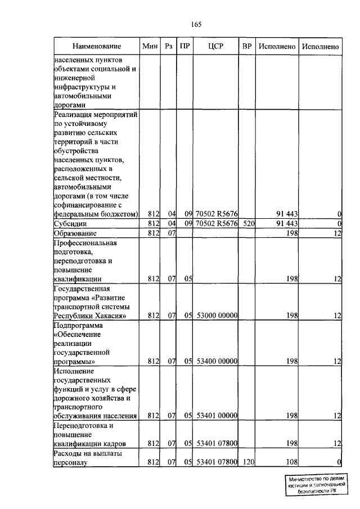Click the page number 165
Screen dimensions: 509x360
pos(196,24)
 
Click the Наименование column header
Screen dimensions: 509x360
pos(96,46)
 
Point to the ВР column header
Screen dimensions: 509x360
pos(246,46)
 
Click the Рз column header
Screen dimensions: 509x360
pos(168,46)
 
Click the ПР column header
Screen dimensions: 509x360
pos(184,46)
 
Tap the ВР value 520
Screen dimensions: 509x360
pos(247,224)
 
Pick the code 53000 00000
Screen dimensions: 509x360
pos(217,316)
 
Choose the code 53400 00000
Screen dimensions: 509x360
pos(217,362)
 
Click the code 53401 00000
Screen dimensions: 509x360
pos(217,416)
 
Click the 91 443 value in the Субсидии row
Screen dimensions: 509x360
pos(286,224)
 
